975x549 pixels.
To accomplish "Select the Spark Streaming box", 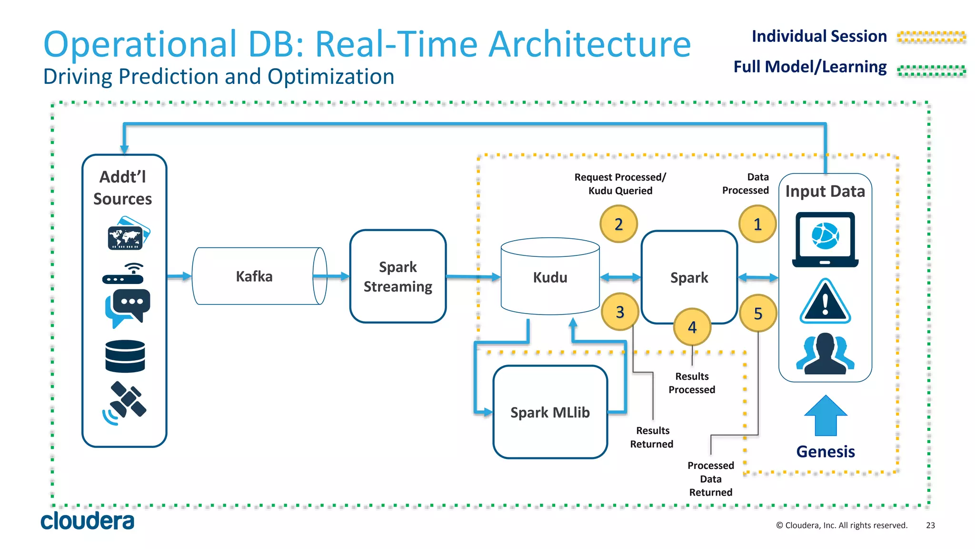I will coord(398,276).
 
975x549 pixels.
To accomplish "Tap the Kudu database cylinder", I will coord(550,277).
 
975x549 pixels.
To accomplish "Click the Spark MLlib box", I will coord(550,412).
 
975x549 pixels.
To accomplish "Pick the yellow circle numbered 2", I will coord(618,224).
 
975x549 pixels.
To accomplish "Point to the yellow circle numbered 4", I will coord(692,327).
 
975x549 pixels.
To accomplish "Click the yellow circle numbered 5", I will coord(758,313).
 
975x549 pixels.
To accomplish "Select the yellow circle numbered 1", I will coord(757,224).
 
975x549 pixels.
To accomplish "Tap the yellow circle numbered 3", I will coord(620,312).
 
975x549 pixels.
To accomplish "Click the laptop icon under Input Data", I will coord(825,240).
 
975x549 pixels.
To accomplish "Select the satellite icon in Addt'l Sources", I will coord(125,403).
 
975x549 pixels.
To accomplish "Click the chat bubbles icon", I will coord(127,307).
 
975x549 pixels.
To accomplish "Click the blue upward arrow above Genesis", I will coord(826,416).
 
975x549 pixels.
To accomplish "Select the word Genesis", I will coord(826,451).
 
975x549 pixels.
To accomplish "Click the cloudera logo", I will coord(87,521).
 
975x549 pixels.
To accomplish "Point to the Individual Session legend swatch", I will coord(931,37).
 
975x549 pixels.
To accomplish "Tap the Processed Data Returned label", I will coord(710,478).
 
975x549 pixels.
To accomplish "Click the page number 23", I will coord(930,525).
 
